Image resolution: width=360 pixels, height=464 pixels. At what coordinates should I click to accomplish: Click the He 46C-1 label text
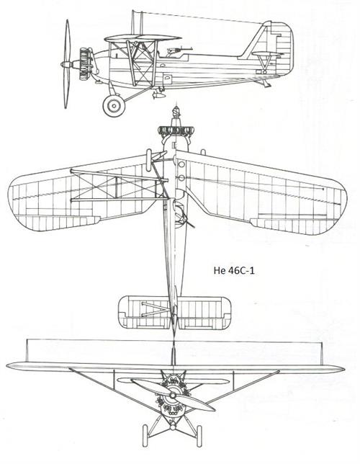(x=234, y=270)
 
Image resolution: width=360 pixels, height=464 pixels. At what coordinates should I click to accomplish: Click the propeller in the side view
(x=67, y=64)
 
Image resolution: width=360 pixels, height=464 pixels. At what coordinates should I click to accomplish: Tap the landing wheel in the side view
(x=114, y=105)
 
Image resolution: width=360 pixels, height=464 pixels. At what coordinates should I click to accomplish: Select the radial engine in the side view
(x=85, y=63)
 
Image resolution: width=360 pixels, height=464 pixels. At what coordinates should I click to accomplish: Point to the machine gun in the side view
(x=179, y=50)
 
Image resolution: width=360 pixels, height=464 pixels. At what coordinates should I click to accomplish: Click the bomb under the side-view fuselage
(x=158, y=94)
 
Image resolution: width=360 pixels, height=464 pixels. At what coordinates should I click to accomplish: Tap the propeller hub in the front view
(x=173, y=395)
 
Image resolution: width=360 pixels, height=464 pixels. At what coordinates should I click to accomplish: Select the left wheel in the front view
(x=145, y=436)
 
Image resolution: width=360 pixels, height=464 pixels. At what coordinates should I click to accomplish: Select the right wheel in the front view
(x=199, y=436)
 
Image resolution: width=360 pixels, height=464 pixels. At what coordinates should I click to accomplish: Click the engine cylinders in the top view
(x=176, y=130)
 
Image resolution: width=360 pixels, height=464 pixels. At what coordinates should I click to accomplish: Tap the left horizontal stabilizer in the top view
(x=144, y=312)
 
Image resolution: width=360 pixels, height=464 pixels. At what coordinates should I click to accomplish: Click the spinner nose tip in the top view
(x=176, y=108)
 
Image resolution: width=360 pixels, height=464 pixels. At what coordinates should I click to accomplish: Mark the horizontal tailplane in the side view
(x=266, y=54)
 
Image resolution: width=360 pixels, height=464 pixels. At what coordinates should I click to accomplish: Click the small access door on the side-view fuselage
(x=168, y=79)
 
